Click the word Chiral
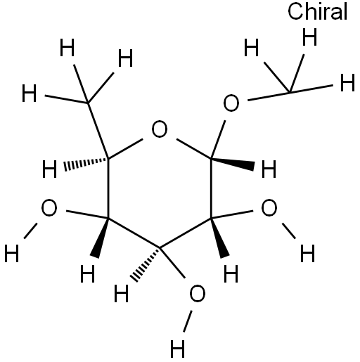(317, 12)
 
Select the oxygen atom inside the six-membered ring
(160, 129)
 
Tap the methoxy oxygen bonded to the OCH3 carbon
(231, 103)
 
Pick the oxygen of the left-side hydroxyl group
(49, 207)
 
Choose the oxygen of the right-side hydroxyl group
(269, 207)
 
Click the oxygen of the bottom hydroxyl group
(197, 294)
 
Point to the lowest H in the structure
(177, 349)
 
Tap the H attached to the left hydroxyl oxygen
(12, 253)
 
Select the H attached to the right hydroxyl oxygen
(308, 253)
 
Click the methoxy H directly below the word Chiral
(310, 37)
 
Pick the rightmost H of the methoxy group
(347, 82)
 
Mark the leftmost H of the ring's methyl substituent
(30, 93)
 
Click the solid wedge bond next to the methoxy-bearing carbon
(233, 163)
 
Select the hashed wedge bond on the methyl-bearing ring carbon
(86, 164)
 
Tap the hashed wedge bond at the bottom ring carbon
(146, 264)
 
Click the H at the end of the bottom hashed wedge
(122, 293)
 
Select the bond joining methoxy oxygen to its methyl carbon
(269, 97)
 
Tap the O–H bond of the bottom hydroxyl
(188, 321)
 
